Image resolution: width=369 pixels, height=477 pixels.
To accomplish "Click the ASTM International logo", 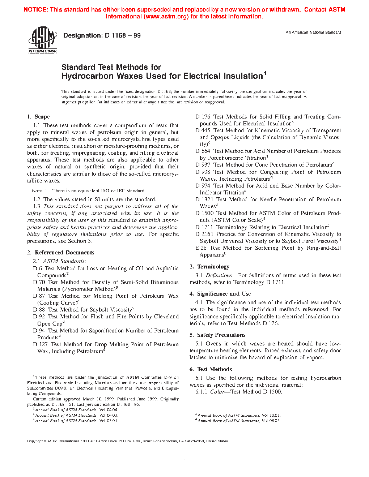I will [43, 40].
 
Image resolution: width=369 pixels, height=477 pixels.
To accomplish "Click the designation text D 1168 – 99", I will [102, 35].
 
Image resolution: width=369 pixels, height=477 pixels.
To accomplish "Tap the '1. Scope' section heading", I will [38, 117].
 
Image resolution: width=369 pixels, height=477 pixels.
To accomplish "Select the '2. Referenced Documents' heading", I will [61, 253].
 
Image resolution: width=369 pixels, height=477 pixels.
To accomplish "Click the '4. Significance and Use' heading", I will [220, 294].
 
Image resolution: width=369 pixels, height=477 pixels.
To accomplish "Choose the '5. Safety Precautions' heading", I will [217, 335].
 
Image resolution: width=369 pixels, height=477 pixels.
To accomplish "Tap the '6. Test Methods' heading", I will [211, 369].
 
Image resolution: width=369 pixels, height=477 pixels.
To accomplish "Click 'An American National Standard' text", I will [313, 33].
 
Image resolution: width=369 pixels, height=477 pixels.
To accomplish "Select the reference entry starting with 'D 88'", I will [84, 310].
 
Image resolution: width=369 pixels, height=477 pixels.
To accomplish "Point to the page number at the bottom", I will [184, 459].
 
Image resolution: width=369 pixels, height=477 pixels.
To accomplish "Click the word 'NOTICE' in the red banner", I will [35, 10].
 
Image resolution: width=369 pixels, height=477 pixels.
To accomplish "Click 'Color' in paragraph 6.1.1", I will [217, 392].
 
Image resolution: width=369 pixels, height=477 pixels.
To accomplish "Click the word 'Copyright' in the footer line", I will [35, 441].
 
